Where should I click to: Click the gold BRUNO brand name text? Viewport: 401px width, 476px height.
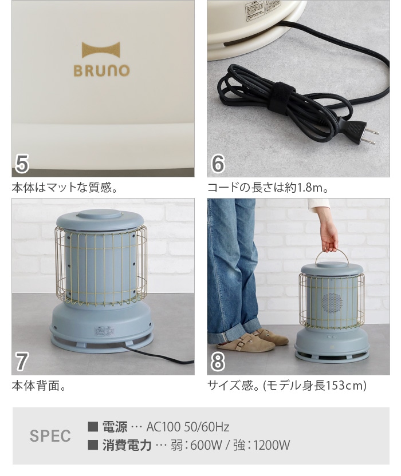pos(101,71)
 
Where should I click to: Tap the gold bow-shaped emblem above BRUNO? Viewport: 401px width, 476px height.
pos(101,50)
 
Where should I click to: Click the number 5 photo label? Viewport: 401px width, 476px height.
pos(22,164)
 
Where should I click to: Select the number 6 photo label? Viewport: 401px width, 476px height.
pos(218,164)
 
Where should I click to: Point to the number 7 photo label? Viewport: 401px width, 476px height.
pos(22,362)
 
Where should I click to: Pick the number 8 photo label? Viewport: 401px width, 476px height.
pos(218,362)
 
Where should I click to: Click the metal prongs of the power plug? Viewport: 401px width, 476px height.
pos(371,136)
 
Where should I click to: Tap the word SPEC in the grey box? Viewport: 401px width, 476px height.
pos(50,436)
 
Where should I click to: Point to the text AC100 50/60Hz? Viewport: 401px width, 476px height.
pos(188,427)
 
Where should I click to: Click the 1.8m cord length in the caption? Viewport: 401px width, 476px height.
pos(312,188)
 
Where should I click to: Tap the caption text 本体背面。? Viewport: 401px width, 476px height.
pos(39,386)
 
